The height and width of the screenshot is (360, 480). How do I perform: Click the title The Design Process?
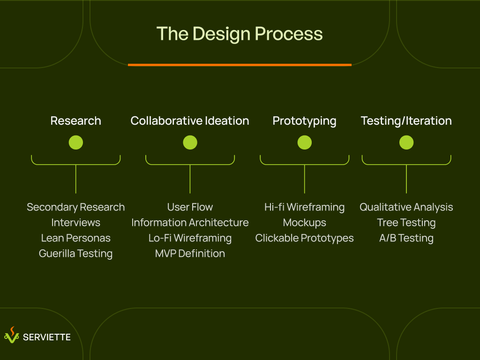tap(240, 34)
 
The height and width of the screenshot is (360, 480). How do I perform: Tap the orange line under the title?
tap(240, 65)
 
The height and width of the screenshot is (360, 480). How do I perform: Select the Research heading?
tap(76, 121)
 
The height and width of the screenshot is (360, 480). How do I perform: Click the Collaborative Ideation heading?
tap(190, 121)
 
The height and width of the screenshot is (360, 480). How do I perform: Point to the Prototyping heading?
tap(305, 121)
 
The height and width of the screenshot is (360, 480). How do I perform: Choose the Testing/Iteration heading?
tap(406, 121)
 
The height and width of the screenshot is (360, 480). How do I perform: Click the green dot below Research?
tap(76, 142)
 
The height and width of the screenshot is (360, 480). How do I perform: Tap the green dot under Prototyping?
tap(305, 142)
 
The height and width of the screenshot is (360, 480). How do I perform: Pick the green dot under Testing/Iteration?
tap(406, 142)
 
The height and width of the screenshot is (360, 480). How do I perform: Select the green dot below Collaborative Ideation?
tap(190, 142)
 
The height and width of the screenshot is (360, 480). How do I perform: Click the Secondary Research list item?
tap(76, 207)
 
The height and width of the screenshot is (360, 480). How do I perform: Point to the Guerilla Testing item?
tap(76, 254)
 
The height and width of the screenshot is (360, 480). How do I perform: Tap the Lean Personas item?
tap(76, 238)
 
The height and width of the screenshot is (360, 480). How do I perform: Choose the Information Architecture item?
tap(190, 223)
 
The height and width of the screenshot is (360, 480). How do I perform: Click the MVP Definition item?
tap(190, 254)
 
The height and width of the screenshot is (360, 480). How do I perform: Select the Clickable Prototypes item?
tap(305, 238)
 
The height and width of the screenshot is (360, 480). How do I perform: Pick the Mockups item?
tap(305, 223)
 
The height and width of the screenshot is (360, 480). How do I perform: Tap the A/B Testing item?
tap(406, 238)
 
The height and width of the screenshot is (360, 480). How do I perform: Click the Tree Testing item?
tap(406, 223)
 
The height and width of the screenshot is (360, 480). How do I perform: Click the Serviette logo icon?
tap(12, 335)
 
